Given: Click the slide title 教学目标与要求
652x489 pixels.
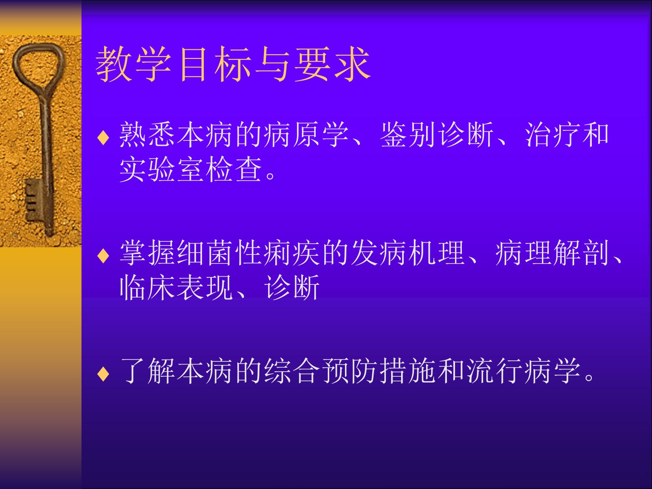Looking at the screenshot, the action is [x=233, y=64].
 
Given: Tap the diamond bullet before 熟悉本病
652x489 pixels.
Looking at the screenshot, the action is [x=103, y=138].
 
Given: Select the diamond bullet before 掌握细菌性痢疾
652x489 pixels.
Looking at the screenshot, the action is [x=103, y=256].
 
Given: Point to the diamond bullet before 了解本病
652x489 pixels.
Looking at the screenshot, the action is [x=103, y=374].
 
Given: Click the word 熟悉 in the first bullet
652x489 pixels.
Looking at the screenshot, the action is [x=147, y=134].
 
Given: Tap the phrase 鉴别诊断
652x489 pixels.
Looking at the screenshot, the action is [x=436, y=134].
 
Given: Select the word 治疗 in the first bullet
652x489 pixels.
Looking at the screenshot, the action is [x=552, y=134].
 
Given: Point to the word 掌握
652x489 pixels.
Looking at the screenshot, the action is [x=147, y=253].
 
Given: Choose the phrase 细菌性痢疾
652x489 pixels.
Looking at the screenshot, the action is [x=248, y=253].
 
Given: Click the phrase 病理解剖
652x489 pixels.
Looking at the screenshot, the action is [x=552, y=253].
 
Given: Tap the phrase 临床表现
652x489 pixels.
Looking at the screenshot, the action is [x=176, y=287].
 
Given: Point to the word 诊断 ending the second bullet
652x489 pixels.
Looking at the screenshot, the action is [x=292, y=287].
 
